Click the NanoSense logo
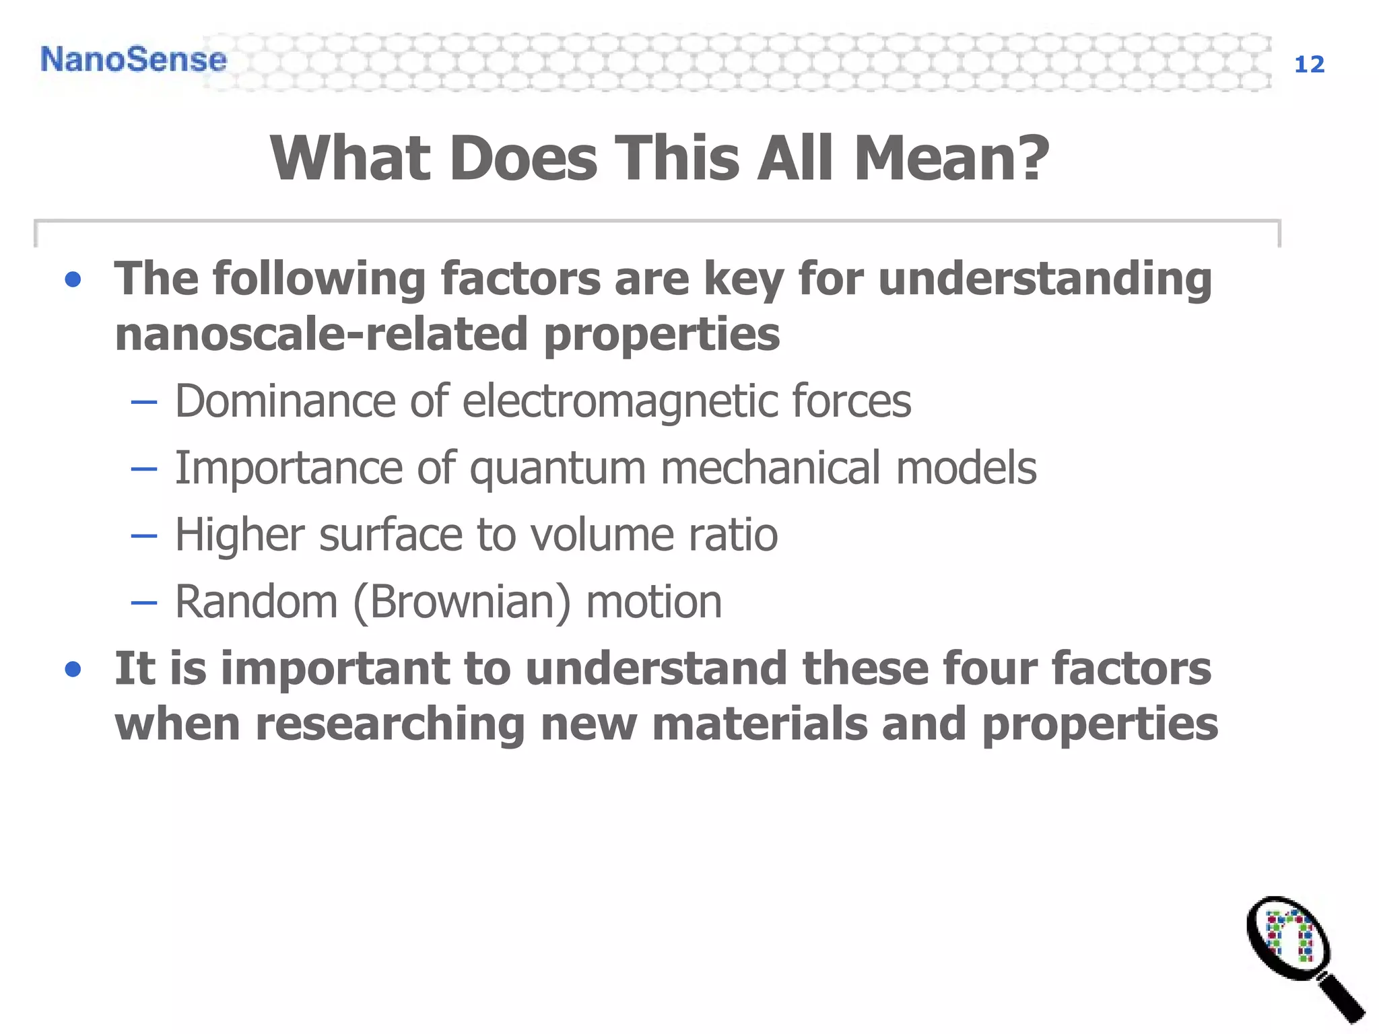tap(133, 59)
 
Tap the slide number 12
tap(1309, 65)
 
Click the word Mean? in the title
tap(951, 158)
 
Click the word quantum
tap(558, 469)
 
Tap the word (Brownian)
tap(462, 602)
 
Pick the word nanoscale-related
tap(321, 335)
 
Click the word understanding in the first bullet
tap(1045, 279)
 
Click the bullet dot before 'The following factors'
tap(73, 280)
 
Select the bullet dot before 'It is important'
tap(73, 670)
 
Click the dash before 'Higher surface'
tap(143, 537)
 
